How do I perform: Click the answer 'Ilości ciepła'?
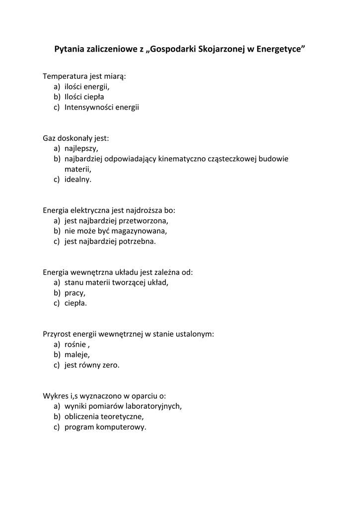click(x=84, y=97)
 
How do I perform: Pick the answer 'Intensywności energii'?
click(x=102, y=107)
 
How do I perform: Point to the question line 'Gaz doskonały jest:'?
click(x=75, y=138)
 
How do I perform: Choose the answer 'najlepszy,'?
click(x=81, y=148)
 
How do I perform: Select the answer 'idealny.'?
click(x=78, y=180)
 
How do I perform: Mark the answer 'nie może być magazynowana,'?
click(x=116, y=231)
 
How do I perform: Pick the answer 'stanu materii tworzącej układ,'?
click(x=117, y=282)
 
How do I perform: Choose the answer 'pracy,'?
click(x=74, y=293)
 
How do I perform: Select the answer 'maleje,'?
click(x=77, y=355)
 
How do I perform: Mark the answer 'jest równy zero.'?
click(x=92, y=365)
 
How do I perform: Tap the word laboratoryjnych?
click(x=153, y=406)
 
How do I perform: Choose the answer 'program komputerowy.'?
click(x=105, y=427)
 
